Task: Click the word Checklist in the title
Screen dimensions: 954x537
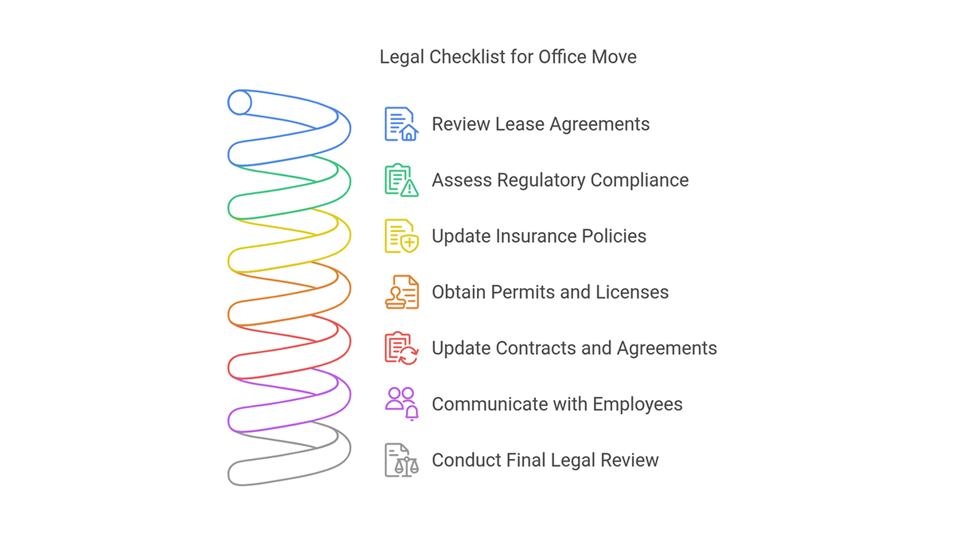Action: point(467,56)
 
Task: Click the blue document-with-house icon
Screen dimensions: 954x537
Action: point(401,124)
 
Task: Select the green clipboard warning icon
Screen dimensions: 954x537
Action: point(401,180)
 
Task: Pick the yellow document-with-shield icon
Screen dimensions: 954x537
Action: point(401,236)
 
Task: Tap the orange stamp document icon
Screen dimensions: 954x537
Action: point(401,292)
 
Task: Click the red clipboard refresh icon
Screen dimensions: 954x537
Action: point(401,348)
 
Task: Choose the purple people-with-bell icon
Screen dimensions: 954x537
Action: point(401,404)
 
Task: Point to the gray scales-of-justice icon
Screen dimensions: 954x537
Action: point(401,461)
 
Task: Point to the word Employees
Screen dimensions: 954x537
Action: point(638,405)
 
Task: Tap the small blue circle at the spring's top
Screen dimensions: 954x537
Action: point(239,103)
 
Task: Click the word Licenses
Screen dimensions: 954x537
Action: point(632,293)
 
